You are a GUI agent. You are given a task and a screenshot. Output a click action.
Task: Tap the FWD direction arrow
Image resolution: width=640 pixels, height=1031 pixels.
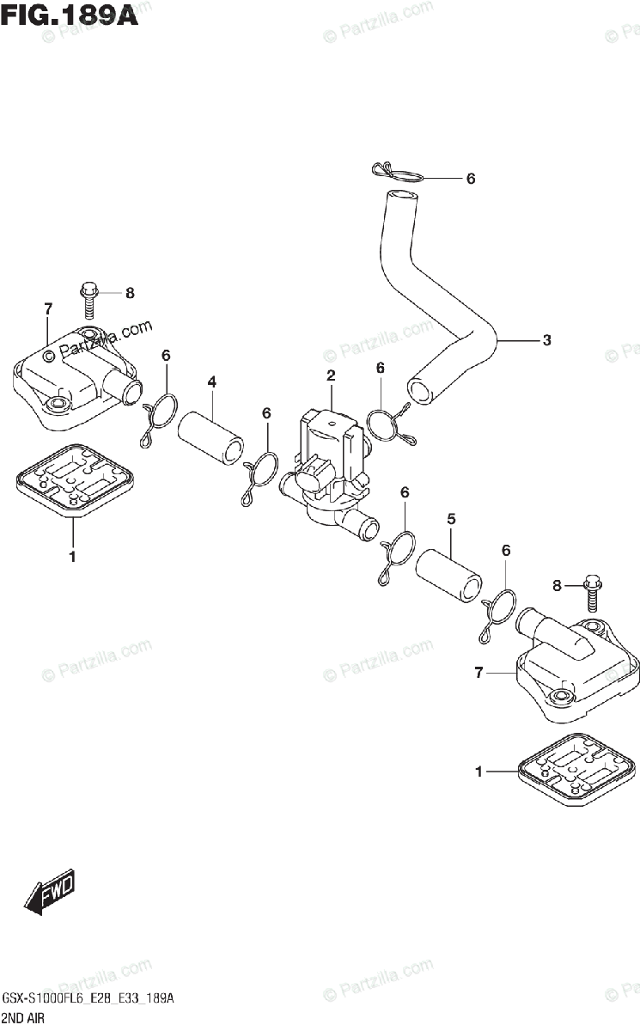(50, 893)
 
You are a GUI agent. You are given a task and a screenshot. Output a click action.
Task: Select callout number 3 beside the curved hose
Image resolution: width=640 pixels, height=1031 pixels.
(546, 340)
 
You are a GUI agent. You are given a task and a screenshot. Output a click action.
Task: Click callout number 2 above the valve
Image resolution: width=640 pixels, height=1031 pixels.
(330, 375)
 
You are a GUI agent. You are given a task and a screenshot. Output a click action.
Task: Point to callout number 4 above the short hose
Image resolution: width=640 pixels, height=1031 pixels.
(211, 381)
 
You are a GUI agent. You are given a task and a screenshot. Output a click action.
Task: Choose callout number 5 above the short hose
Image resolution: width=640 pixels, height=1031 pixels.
(451, 519)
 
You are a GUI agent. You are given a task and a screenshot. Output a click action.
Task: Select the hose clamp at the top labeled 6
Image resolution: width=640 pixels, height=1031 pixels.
(398, 173)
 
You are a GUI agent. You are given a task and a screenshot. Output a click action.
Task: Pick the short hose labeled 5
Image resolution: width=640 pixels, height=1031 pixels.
(448, 572)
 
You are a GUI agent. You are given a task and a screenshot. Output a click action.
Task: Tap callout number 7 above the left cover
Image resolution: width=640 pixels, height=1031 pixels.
(48, 308)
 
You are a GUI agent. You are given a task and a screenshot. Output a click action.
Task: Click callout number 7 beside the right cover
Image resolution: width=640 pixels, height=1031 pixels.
(479, 673)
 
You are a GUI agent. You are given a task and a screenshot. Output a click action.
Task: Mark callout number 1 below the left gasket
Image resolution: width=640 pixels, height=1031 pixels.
(72, 556)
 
